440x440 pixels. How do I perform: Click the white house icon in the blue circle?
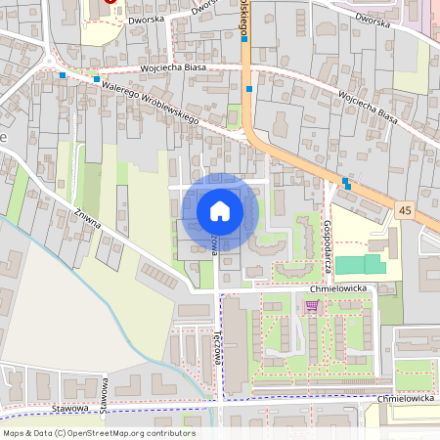(219, 211)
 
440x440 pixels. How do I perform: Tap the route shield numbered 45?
(405, 210)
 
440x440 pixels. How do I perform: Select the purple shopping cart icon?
(312, 305)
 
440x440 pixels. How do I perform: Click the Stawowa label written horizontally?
(71, 408)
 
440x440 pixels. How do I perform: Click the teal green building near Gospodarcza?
(362, 263)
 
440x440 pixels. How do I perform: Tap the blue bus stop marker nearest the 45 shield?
(346, 181)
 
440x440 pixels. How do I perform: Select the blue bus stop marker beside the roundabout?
(63, 74)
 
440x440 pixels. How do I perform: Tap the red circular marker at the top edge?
(110, 2)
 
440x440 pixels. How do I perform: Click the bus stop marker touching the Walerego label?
(96, 79)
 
